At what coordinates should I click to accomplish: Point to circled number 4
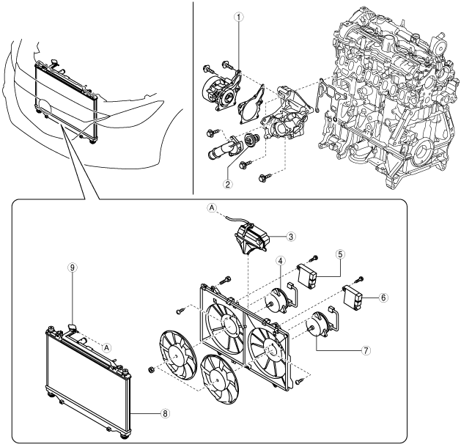coord(280,262)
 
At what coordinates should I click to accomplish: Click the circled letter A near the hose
coord(211,209)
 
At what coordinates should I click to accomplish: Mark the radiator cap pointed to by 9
coord(72,324)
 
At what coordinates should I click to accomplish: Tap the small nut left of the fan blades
coord(151,366)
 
